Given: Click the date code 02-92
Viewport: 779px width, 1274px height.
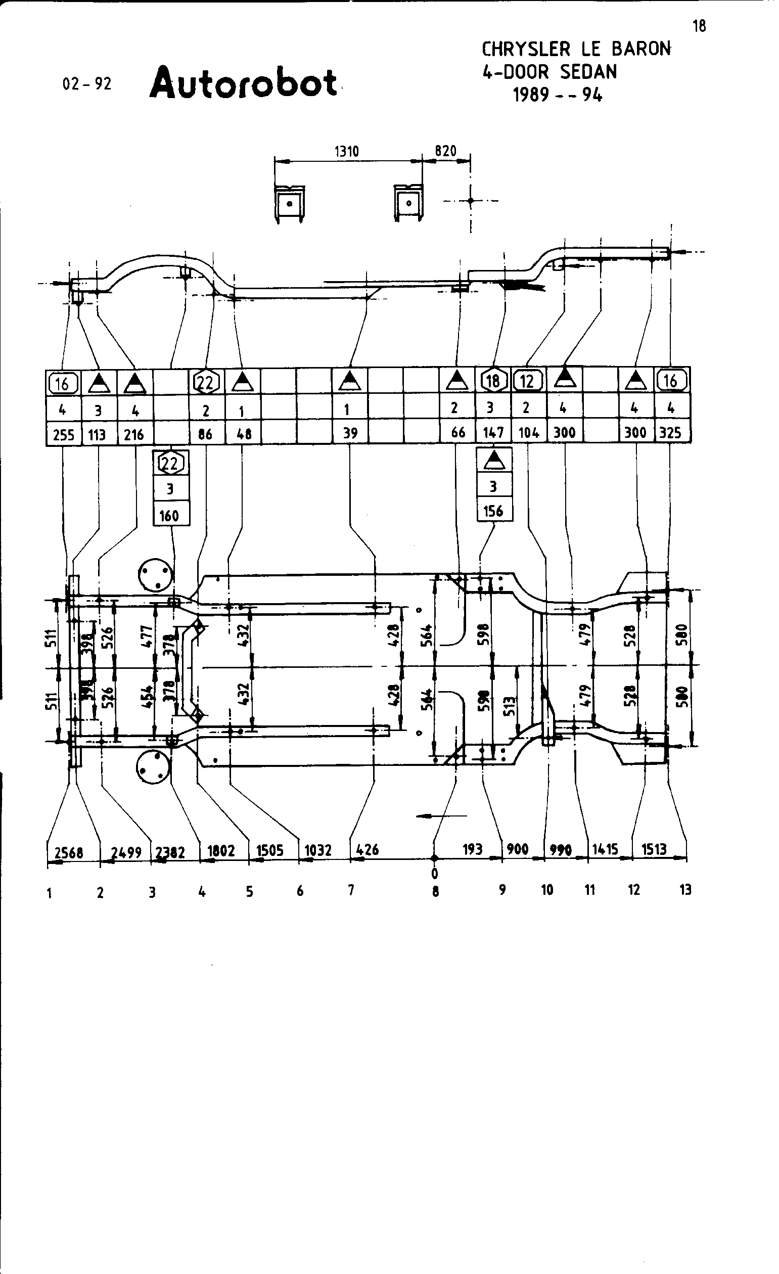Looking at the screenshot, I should point(87,84).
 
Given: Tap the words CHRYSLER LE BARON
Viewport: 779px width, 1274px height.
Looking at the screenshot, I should point(576,50).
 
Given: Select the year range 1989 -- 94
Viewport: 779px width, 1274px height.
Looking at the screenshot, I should point(557,95).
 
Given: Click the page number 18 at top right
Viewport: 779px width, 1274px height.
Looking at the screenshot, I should point(699,26).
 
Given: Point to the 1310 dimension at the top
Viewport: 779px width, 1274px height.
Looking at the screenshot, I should point(346,152).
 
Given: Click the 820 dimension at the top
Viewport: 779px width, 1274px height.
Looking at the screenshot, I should point(445,151).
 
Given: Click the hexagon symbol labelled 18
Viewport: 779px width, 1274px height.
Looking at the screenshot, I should point(493,381).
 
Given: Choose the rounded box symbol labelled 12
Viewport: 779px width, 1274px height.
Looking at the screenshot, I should point(527,381).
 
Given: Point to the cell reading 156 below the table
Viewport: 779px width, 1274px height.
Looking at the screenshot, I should point(493,511).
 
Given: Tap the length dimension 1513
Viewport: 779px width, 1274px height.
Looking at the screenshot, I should point(654,849).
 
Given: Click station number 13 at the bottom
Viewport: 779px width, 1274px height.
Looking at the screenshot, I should point(685,890).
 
